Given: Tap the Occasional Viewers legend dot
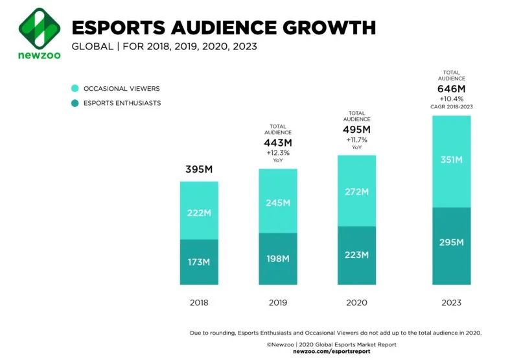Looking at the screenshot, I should tap(75, 88).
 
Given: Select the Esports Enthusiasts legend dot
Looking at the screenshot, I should tap(75, 102).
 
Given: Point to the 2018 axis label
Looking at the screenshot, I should tap(199, 302).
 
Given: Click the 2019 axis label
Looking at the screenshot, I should tap(277, 302).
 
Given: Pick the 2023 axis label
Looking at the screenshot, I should tap(451, 302).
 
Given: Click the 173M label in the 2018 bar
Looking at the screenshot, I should tap(199, 262).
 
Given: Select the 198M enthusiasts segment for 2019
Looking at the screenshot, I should tap(278, 259).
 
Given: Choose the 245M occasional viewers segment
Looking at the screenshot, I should tap(278, 202).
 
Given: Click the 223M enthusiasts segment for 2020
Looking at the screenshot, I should tap(356, 255).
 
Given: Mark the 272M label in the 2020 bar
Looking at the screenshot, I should tap(356, 192).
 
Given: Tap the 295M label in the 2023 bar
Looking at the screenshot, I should tap(451, 243).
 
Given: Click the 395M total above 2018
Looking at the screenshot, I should tap(199, 170).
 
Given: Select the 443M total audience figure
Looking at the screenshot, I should tap(278, 143).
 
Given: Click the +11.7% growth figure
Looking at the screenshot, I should tap(356, 139).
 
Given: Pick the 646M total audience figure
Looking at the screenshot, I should tap(451, 88).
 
